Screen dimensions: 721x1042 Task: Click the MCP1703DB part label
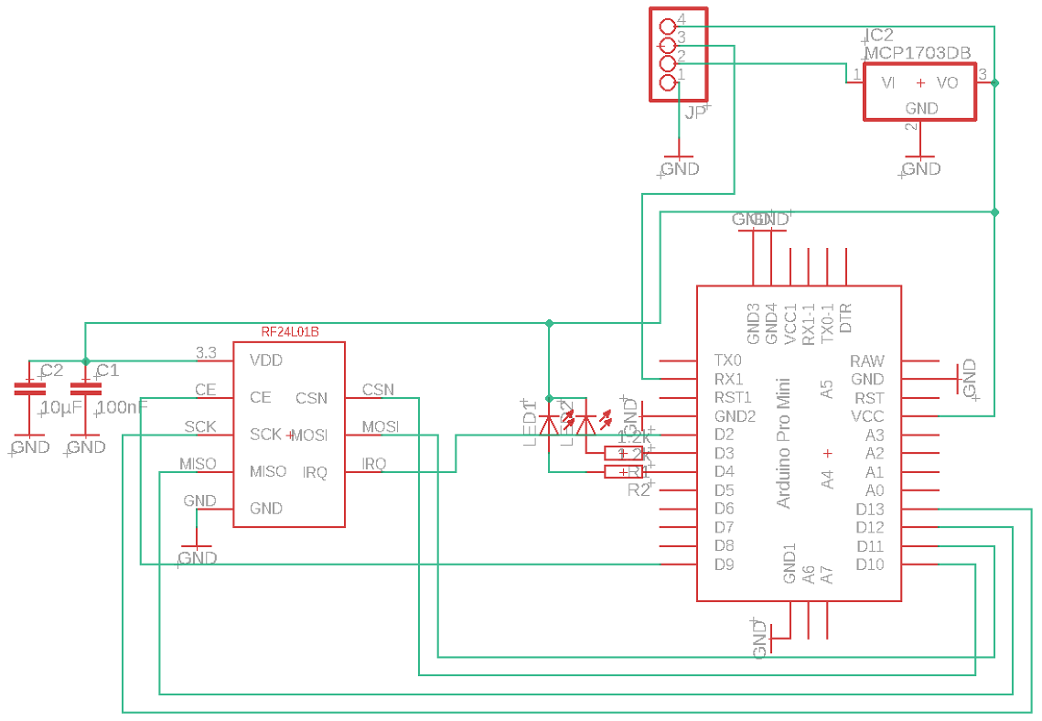coord(918,53)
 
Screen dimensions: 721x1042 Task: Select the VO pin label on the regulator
coord(947,83)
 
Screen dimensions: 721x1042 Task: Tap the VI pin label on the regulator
coord(887,83)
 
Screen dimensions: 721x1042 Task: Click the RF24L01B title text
coord(290,331)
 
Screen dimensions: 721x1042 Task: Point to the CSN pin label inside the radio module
coord(311,398)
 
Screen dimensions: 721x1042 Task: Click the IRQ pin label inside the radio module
coord(315,472)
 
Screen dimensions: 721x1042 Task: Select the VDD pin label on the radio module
coord(266,360)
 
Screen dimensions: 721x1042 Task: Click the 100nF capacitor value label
coord(122,407)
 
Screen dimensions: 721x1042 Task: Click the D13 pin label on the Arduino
coord(870,510)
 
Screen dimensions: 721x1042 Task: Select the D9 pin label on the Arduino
coord(724,565)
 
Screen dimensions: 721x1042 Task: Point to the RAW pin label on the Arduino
coord(867,361)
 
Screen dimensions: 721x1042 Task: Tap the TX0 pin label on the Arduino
coord(728,361)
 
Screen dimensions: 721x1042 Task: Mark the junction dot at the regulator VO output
coord(995,83)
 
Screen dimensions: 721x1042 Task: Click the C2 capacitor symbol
coord(29,389)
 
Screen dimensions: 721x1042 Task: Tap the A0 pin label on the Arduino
coord(875,491)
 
